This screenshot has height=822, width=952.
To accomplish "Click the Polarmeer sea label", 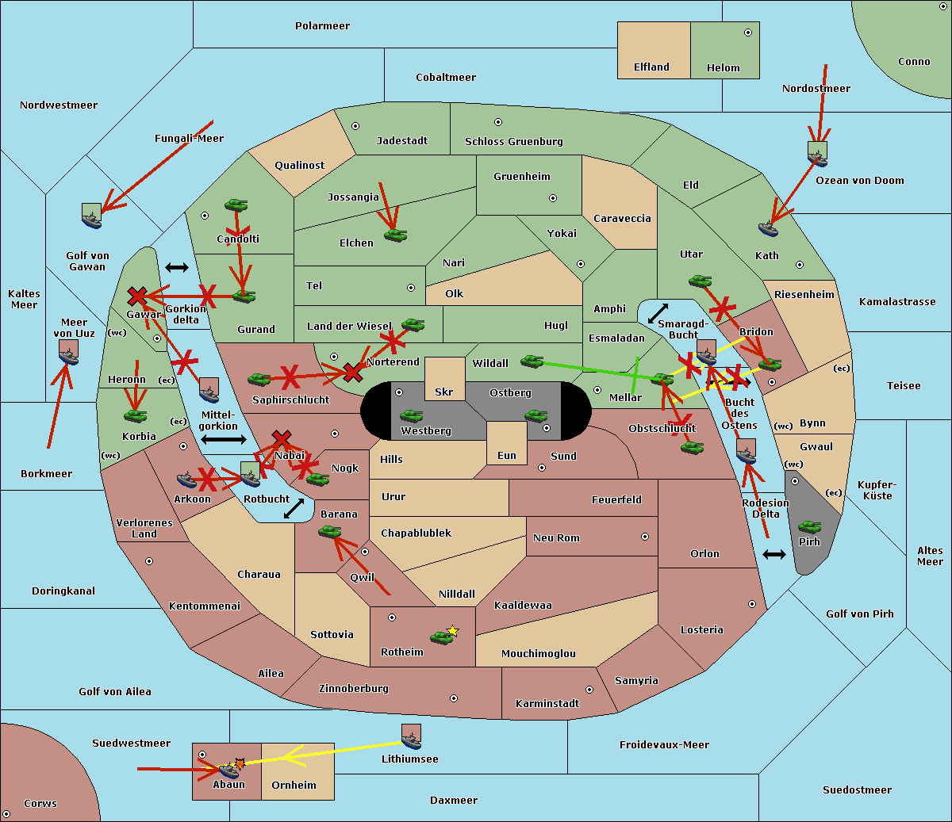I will [x=322, y=26].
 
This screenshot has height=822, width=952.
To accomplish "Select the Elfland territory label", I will [x=651, y=67].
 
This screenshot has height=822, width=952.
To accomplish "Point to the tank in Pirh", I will [x=809, y=527].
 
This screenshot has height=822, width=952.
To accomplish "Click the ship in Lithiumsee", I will [x=411, y=737].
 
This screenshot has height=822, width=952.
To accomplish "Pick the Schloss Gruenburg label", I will [x=513, y=142].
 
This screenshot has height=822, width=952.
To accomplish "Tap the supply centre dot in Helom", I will [x=747, y=32].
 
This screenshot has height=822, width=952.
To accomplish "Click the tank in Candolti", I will [x=236, y=205].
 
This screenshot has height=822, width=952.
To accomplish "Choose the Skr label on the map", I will [x=443, y=392].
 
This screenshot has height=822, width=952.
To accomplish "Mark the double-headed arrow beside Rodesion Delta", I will [x=774, y=554].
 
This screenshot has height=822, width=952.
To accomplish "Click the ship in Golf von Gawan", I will [x=92, y=216].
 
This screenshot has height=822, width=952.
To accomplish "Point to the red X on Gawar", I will [x=137, y=296].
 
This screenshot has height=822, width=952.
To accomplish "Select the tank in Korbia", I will [x=135, y=415].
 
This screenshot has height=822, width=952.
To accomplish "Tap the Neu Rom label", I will [x=556, y=538].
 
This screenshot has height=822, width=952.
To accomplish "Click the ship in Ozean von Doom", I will [x=817, y=154].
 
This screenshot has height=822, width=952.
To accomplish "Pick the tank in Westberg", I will [x=411, y=415].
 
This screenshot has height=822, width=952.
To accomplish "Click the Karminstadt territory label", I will [x=547, y=704].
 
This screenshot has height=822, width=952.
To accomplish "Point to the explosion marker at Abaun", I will [x=240, y=763].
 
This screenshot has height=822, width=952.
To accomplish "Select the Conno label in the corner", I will [x=914, y=62].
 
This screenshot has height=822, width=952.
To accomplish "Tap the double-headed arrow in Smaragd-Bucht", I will [x=658, y=313].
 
